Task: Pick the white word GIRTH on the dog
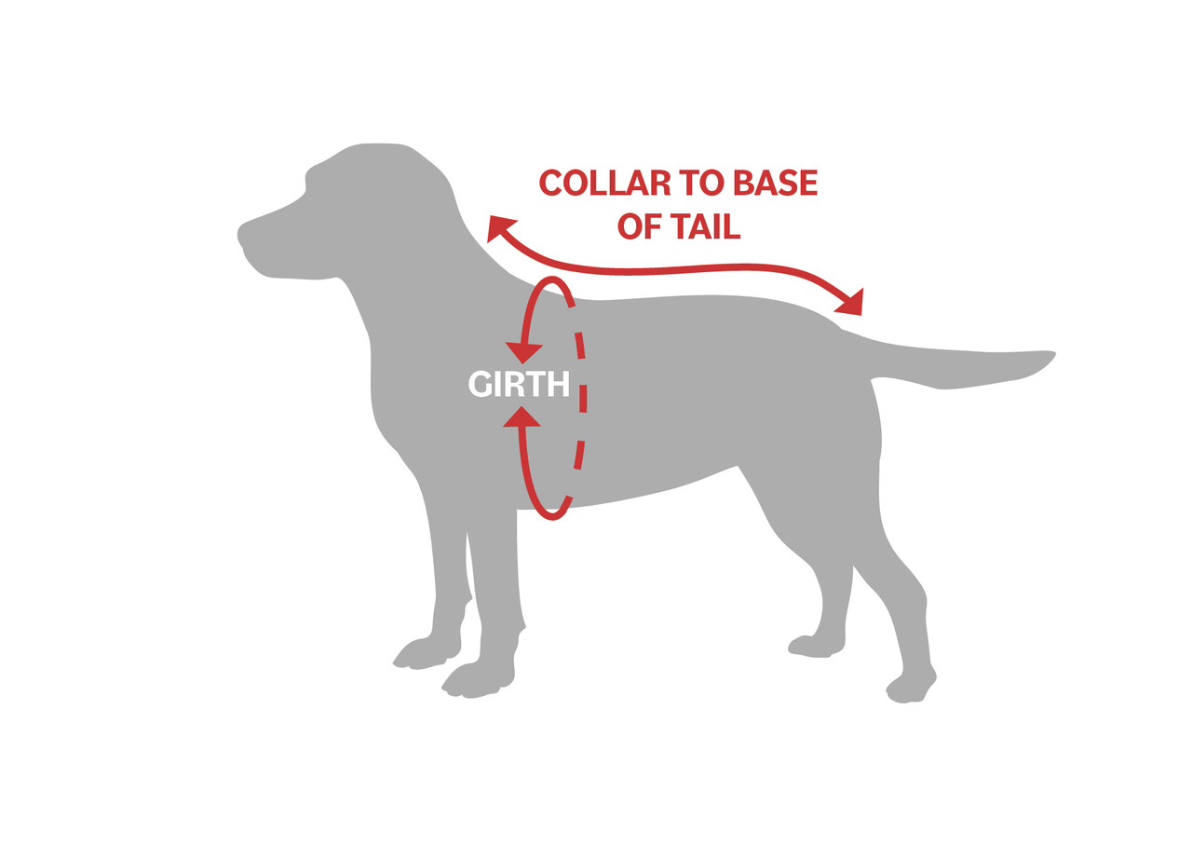(x=518, y=384)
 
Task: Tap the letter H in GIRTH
(x=557, y=384)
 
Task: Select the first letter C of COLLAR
(x=552, y=184)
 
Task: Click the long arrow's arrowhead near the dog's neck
(x=500, y=227)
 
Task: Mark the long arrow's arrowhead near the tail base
(x=851, y=302)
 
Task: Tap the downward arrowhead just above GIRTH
(x=523, y=353)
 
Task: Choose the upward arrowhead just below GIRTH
(x=522, y=416)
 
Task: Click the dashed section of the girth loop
(x=583, y=399)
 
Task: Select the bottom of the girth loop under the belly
(x=552, y=515)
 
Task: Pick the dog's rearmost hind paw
(x=908, y=694)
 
